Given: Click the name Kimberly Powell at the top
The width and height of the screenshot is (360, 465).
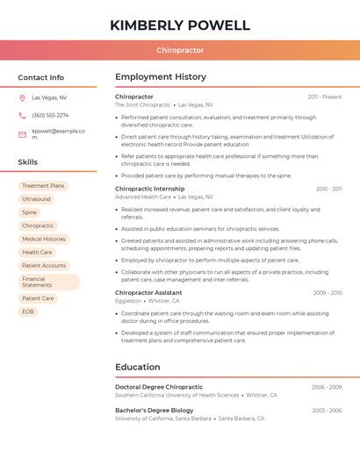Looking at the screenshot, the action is [x=180, y=25].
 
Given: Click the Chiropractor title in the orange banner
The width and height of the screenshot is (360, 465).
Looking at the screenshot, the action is [x=180, y=51].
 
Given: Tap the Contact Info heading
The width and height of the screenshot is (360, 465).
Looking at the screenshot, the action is [x=41, y=77].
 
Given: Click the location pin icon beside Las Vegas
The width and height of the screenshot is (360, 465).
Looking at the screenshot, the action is [x=22, y=98].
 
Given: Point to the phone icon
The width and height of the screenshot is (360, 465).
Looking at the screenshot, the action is [x=22, y=116].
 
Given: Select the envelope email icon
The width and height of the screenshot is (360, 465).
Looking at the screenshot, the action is [x=22, y=134].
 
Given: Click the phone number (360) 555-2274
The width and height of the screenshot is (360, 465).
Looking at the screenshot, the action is [x=50, y=116].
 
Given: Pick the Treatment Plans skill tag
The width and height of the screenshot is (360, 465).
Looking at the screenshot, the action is [x=43, y=186].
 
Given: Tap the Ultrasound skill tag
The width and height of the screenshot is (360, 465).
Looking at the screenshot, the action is [x=36, y=199].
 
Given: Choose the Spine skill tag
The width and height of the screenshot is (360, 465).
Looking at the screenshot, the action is [x=30, y=212].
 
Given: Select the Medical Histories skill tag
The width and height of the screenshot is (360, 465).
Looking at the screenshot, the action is [x=44, y=239].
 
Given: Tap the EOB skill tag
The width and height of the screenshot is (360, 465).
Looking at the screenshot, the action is [x=28, y=311].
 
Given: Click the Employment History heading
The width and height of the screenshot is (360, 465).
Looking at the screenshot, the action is [x=161, y=77].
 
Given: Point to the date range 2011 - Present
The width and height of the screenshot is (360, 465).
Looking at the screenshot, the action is [x=325, y=97].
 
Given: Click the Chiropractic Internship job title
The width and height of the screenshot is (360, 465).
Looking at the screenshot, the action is [x=150, y=189].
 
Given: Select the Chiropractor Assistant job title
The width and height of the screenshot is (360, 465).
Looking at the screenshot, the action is [x=148, y=292].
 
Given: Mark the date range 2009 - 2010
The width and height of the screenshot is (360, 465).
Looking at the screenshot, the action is [x=328, y=293].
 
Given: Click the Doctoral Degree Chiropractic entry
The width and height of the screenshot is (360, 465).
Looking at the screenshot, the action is [x=159, y=386].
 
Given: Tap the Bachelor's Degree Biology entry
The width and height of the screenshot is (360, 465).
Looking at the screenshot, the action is [x=155, y=410].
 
